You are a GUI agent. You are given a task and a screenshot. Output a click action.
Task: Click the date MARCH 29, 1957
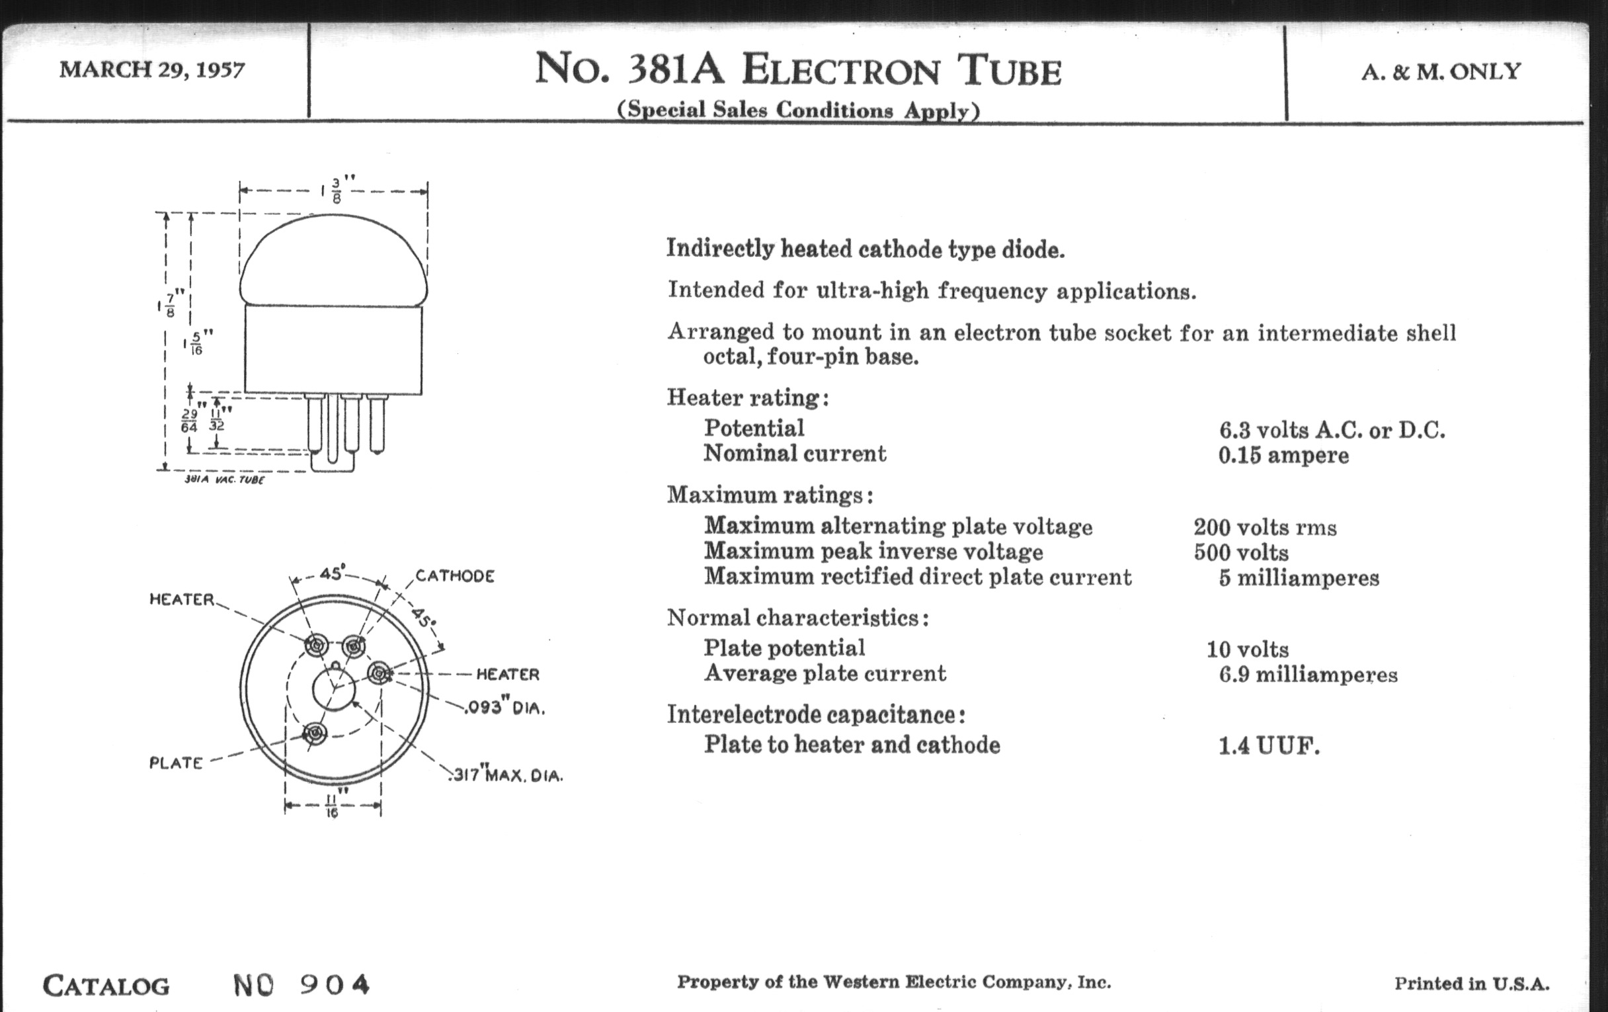pyautogui.click(x=152, y=69)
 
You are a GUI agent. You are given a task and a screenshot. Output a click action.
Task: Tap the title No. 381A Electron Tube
pyautogui.click(x=798, y=69)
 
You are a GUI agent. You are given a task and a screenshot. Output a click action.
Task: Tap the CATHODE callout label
pyautogui.click(x=455, y=576)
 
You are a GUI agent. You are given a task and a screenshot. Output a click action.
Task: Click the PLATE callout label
pyautogui.click(x=176, y=763)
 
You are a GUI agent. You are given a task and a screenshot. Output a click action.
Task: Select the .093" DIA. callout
pyautogui.click(x=506, y=707)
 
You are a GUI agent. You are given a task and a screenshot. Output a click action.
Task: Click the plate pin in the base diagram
pyautogui.click(x=315, y=734)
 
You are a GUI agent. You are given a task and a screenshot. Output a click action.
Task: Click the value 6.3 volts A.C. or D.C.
pyautogui.click(x=1332, y=430)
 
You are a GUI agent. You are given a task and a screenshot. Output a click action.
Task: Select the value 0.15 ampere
pyautogui.click(x=1283, y=456)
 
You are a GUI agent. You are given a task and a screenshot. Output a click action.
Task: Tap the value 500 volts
pyautogui.click(x=1242, y=553)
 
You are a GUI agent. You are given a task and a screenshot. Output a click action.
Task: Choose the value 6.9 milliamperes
pyautogui.click(x=1308, y=675)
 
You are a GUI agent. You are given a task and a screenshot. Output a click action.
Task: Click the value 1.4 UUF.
pyautogui.click(x=1269, y=745)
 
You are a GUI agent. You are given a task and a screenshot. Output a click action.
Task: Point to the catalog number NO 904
pyautogui.click(x=301, y=985)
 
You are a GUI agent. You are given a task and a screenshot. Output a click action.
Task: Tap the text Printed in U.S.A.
pyautogui.click(x=1472, y=984)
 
